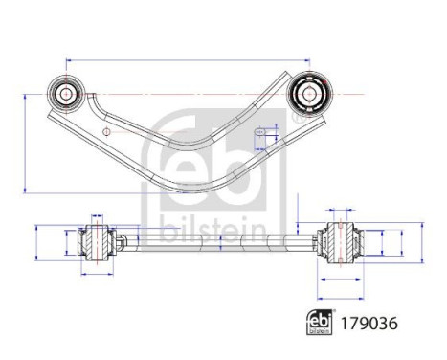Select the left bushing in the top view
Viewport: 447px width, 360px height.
[x=70, y=93]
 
